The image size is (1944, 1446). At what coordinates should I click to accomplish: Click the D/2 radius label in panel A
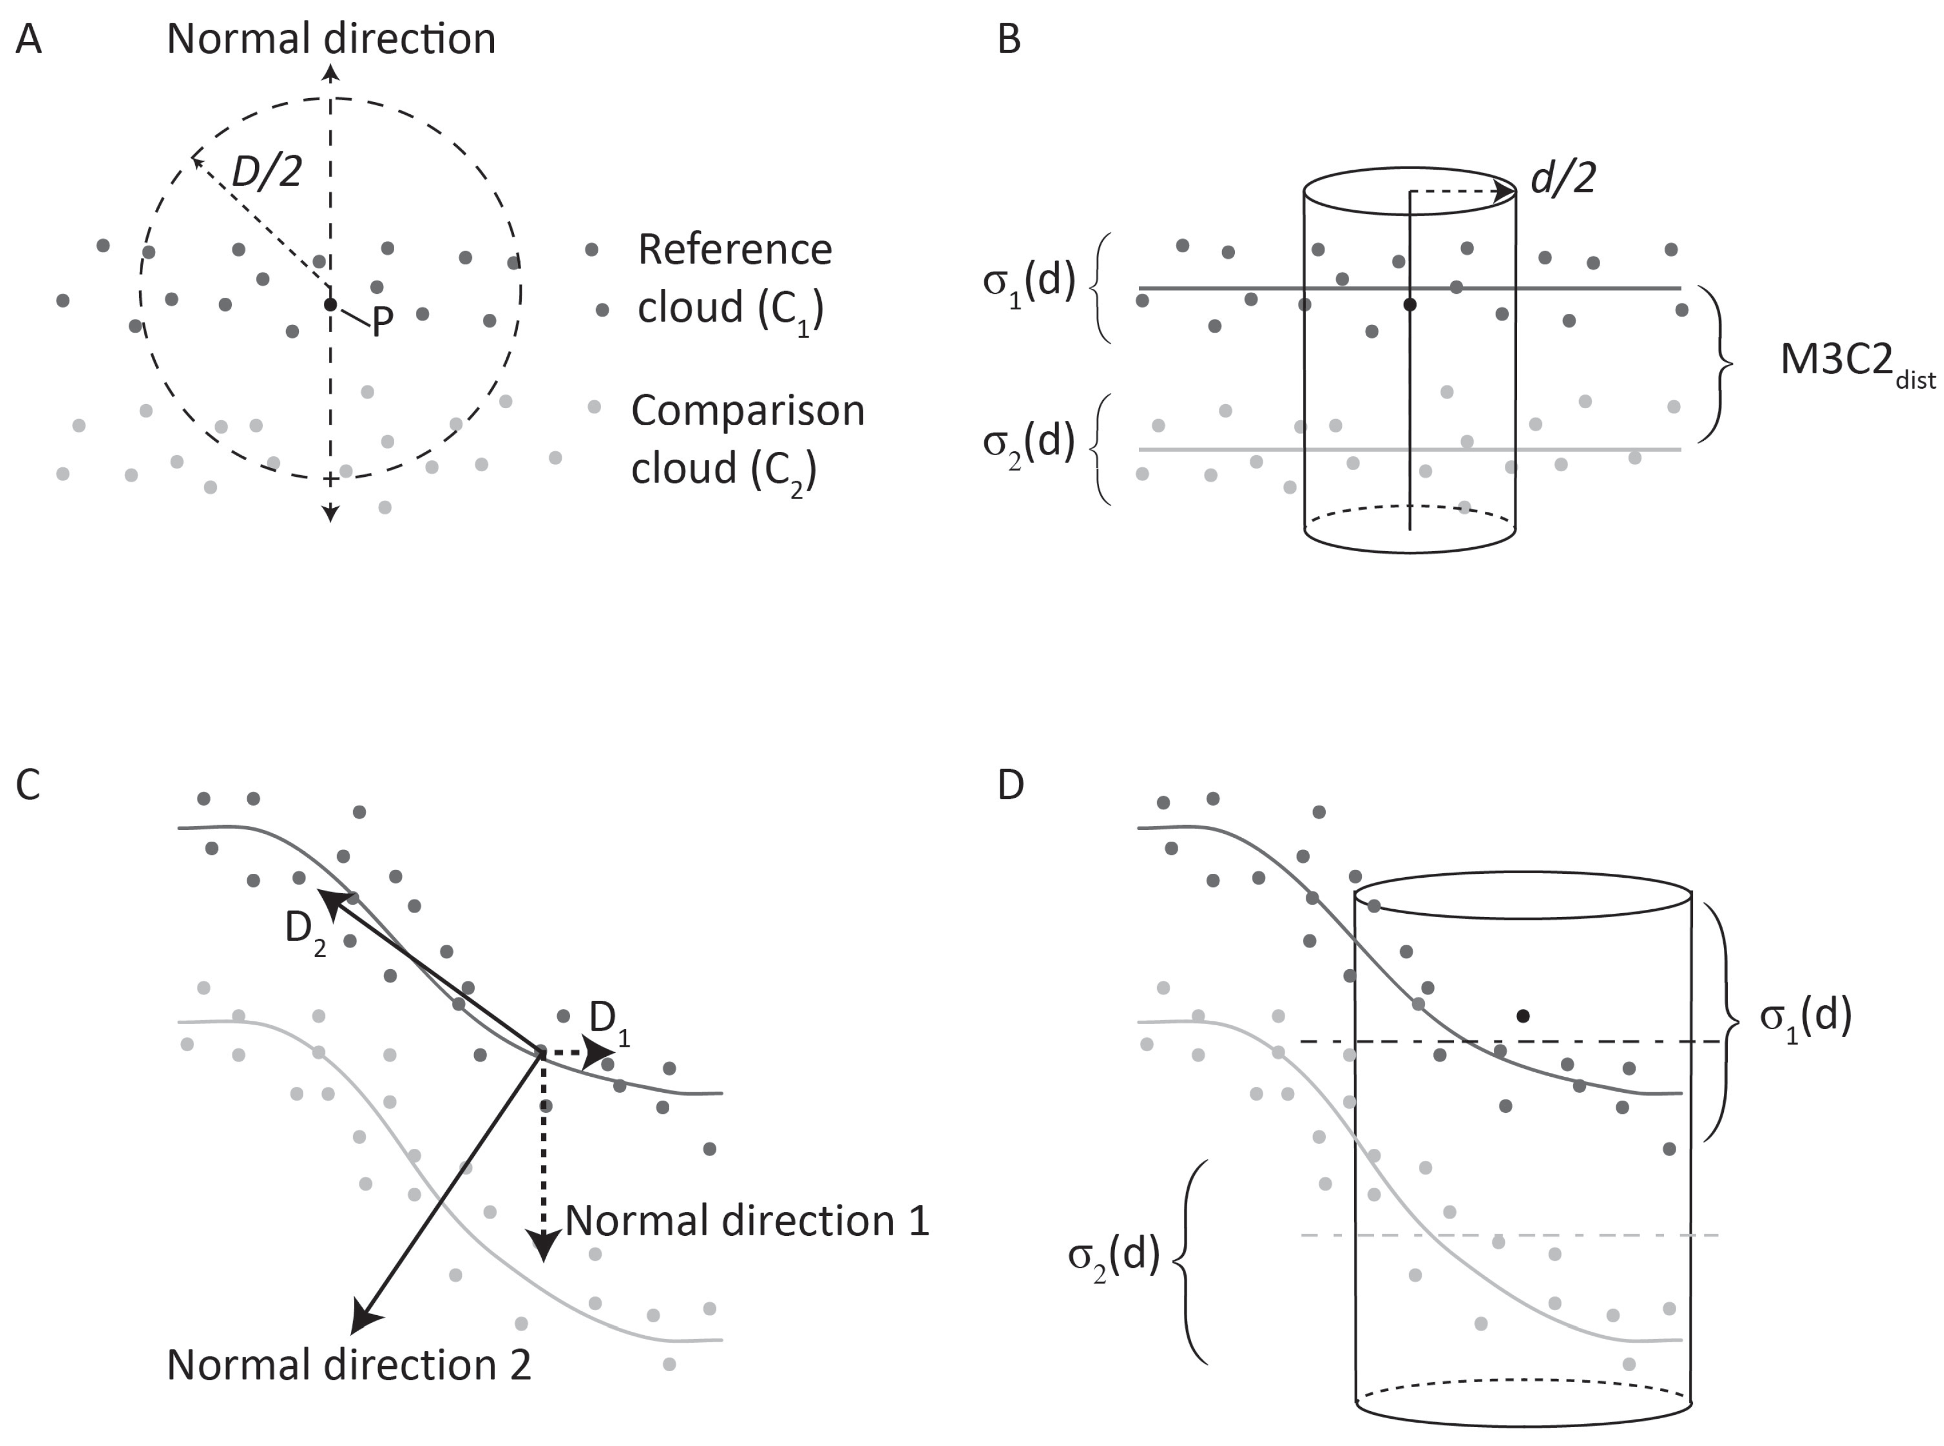tap(267, 171)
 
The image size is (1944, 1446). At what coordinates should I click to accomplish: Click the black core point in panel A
tap(330, 304)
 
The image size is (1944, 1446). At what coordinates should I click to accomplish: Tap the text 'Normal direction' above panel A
tap(331, 39)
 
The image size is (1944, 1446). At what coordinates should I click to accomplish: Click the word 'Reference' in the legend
tap(734, 250)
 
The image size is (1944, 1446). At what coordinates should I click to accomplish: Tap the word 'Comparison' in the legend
tap(747, 410)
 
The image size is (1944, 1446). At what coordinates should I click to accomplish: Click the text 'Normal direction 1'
tap(747, 1221)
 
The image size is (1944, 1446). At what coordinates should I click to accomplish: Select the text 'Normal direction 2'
tap(348, 1364)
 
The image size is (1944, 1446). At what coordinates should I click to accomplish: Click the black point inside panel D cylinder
tap(1523, 1016)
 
